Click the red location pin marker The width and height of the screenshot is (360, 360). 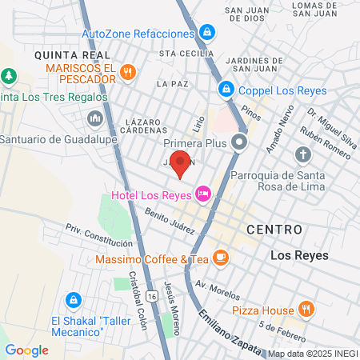(x=181, y=162)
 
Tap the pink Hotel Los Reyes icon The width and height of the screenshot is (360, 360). (x=203, y=193)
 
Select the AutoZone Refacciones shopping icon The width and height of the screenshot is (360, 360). (x=207, y=33)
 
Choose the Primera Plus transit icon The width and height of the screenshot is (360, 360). (x=238, y=143)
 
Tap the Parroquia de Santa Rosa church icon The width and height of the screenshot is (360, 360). (x=302, y=154)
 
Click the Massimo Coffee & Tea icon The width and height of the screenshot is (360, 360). (x=222, y=259)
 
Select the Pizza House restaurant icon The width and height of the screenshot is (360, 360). (x=305, y=309)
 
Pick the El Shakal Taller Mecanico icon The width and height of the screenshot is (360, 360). (x=73, y=299)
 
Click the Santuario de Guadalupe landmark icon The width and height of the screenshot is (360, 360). (x=94, y=120)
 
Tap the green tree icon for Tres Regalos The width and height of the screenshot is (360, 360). (x=9, y=76)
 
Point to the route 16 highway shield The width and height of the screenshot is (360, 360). (x=152, y=296)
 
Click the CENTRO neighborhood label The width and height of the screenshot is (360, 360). (x=274, y=230)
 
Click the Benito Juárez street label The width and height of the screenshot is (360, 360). (x=170, y=222)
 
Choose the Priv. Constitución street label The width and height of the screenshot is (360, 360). (x=98, y=235)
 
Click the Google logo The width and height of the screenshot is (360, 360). (x=26, y=350)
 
